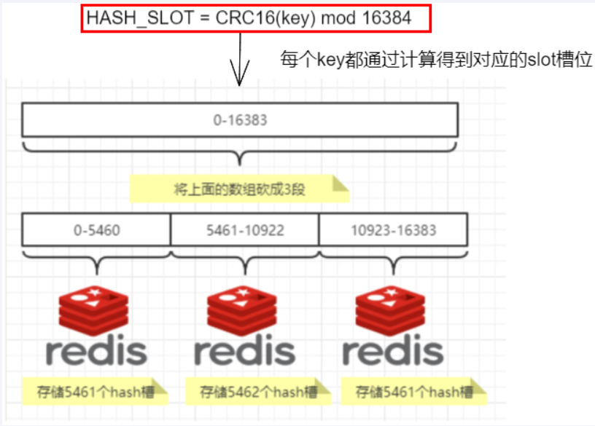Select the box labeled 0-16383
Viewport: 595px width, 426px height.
(x=240, y=119)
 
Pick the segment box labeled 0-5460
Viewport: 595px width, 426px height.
(x=96, y=230)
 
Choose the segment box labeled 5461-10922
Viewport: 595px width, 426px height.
(x=244, y=230)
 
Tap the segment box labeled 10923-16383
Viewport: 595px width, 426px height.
(x=393, y=230)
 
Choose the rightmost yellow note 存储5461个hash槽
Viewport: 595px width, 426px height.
(x=413, y=391)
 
